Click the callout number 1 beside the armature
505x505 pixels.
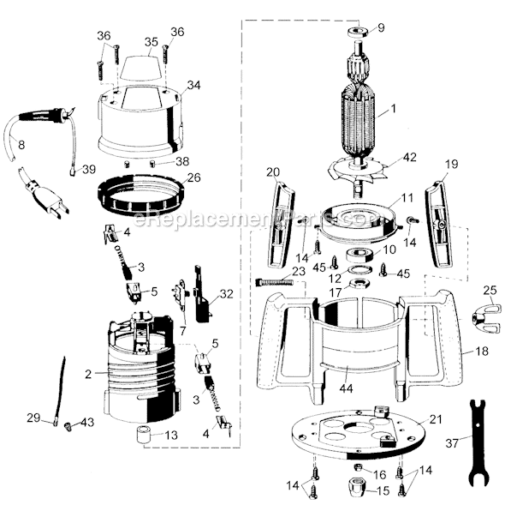coord(395,109)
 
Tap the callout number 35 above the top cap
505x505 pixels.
coord(150,40)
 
